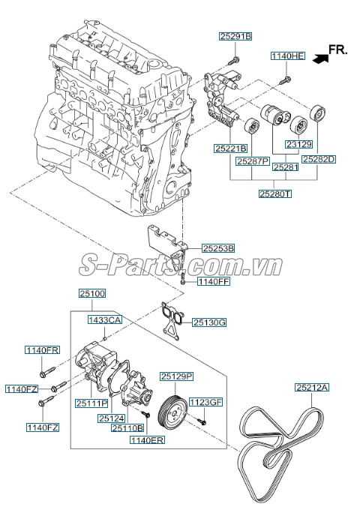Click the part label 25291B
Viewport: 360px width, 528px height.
point(235,36)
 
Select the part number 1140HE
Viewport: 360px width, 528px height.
point(288,56)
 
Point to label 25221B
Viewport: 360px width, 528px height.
point(229,148)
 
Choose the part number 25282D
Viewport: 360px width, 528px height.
point(319,159)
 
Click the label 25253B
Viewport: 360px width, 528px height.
point(218,247)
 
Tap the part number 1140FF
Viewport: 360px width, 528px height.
point(214,282)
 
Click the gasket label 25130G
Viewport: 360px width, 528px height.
point(208,322)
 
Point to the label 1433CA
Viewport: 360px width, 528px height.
point(105,320)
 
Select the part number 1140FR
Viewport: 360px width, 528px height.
point(42,350)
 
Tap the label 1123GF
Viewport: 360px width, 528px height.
point(205,402)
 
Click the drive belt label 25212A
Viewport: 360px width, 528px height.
point(312,387)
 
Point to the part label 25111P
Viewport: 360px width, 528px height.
point(91,403)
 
